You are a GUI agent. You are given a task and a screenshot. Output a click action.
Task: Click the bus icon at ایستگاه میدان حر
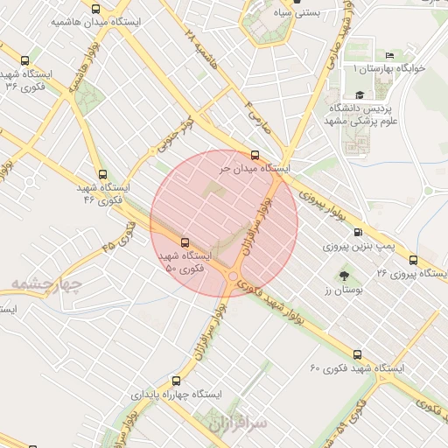point(255,154)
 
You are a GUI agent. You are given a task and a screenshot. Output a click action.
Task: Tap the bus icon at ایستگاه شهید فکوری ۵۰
point(185,241)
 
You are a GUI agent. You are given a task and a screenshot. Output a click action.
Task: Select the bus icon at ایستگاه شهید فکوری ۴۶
point(104,174)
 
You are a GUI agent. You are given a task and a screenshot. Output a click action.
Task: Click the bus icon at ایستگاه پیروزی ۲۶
point(413,260)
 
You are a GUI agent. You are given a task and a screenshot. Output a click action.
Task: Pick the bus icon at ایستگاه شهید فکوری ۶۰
point(357,354)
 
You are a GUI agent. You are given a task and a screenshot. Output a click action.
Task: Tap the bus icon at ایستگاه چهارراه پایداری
point(177,381)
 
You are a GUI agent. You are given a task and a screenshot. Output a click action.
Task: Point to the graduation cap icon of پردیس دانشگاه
point(359,94)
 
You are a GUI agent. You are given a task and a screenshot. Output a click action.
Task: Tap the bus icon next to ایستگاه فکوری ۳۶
point(24,61)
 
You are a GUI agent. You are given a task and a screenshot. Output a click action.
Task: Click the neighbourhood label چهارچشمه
point(46,285)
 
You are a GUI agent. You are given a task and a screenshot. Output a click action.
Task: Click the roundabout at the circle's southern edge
point(234,278)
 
